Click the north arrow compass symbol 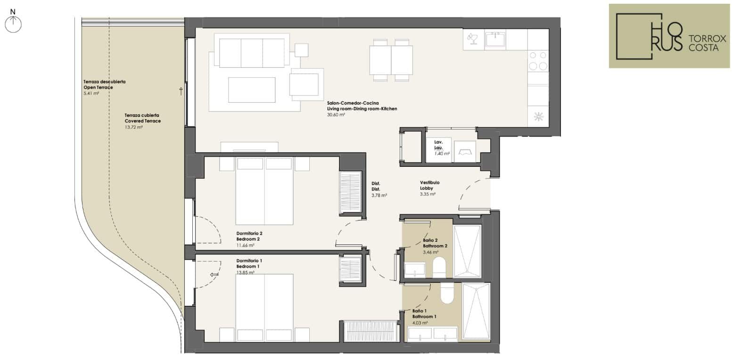(13, 24)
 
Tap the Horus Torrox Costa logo (669, 36)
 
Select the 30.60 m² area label (336, 115)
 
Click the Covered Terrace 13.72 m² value (134, 127)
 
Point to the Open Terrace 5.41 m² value (91, 93)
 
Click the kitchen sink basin (495, 40)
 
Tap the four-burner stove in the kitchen (538, 61)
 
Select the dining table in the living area (391, 60)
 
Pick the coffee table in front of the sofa (252, 90)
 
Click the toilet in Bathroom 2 (439, 267)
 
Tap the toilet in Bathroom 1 (447, 293)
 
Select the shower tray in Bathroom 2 (467, 251)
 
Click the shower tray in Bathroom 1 (476, 311)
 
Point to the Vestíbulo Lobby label (430, 185)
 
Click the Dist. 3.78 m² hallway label (379, 189)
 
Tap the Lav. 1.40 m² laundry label (442, 147)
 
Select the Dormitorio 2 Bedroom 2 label (249, 236)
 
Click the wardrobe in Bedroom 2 (350, 193)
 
